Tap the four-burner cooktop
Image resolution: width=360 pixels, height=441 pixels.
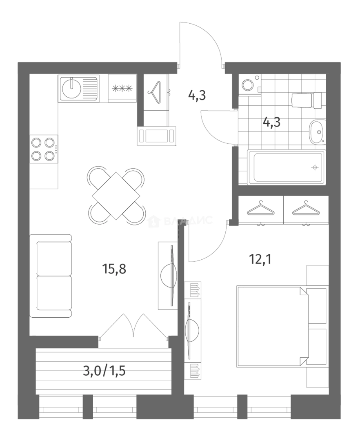pyautogui.click(x=44, y=149)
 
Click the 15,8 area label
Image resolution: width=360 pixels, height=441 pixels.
pyautogui.click(x=114, y=269)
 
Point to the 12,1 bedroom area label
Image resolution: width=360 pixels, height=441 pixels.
pyautogui.click(x=260, y=259)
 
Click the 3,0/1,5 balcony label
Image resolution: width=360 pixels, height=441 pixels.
pyautogui.click(x=104, y=371)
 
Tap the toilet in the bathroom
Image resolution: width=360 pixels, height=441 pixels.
pyautogui.click(x=306, y=100)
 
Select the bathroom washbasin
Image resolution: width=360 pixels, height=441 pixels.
pyautogui.click(x=317, y=131)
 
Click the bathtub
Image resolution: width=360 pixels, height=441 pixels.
pyautogui.click(x=287, y=167)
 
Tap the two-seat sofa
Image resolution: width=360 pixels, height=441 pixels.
pyautogui.click(x=51, y=276)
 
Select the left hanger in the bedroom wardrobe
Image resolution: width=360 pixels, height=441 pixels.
pyautogui.click(x=260, y=209)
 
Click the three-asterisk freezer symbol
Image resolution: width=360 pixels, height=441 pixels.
pyautogui.click(x=122, y=89)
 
